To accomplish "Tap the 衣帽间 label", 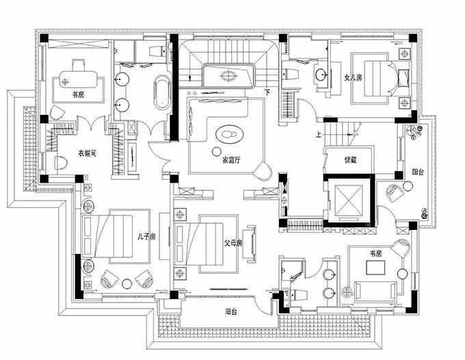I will (86, 153).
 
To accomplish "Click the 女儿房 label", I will (354, 77).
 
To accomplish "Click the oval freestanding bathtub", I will (162, 92).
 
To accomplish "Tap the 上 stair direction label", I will (318, 135).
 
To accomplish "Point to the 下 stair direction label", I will (267, 92).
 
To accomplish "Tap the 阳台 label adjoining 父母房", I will (231, 312).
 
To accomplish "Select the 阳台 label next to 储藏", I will (416, 172).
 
